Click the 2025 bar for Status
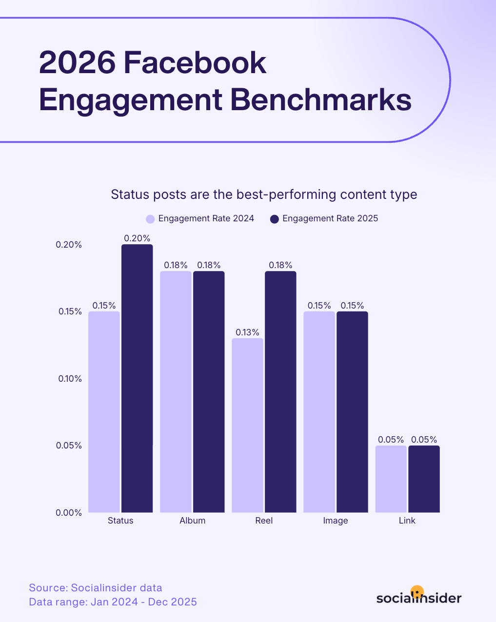[137, 378]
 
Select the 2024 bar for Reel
[247, 425]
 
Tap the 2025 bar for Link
[424, 479]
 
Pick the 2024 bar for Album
[176, 391]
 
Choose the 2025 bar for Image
[352, 412]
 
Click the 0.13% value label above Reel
[247, 332]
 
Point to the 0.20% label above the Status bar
[137, 238]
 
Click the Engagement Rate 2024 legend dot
[150, 219]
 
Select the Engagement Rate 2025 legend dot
[275, 219]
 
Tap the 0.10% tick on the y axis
[70, 379]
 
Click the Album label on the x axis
[192, 521]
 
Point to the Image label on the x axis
[336, 521]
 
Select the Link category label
[407, 521]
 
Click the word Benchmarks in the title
[320, 100]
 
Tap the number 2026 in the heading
[78, 62]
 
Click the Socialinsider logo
[418, 596]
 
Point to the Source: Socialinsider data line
[96, 588]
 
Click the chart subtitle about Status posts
[264, 194]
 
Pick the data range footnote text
[113, 602]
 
